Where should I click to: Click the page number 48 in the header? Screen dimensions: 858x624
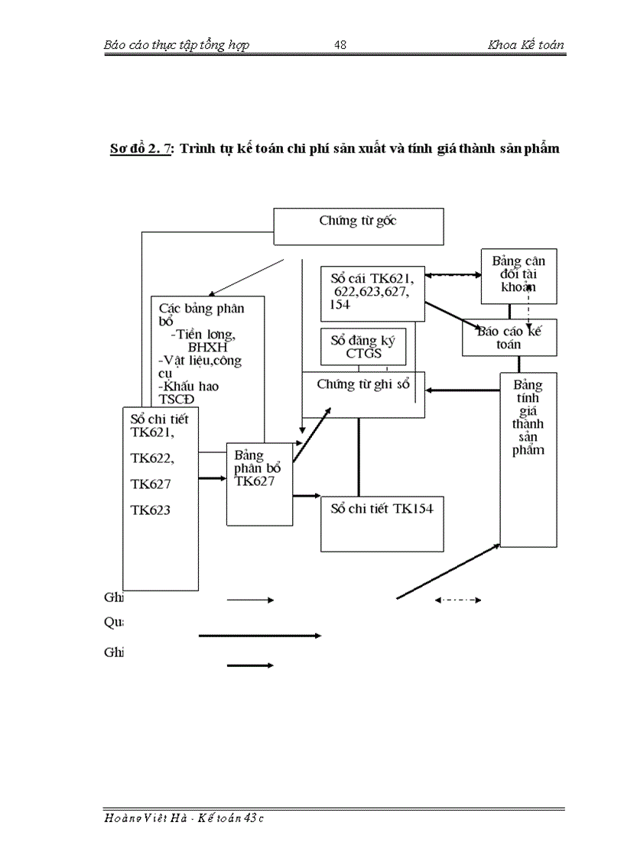(x=341, y=45)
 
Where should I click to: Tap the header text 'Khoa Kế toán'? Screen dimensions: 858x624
(x=526, y=45)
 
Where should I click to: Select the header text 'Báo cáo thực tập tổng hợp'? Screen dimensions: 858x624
(x=176, y=45)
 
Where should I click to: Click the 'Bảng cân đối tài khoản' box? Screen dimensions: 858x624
(x=518, y=275)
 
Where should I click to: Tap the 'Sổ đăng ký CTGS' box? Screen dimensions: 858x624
(x=362, y=347)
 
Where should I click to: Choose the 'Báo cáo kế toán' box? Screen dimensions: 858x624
(x=509, y=338)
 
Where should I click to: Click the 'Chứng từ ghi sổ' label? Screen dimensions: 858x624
(x=363, y=385)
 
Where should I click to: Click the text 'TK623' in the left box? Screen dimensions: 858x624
(x=151, y=510)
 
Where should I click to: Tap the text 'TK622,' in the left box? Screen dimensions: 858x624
(x=152, y=458)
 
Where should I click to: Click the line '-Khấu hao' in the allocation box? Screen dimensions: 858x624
(x=188, y=386)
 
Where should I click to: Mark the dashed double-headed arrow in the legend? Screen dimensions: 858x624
(x=457, y=601)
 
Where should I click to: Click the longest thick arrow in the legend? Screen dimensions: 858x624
(x=260, y=635)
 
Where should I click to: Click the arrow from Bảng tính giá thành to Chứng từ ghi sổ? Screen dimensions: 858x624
(x=463, y=390)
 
